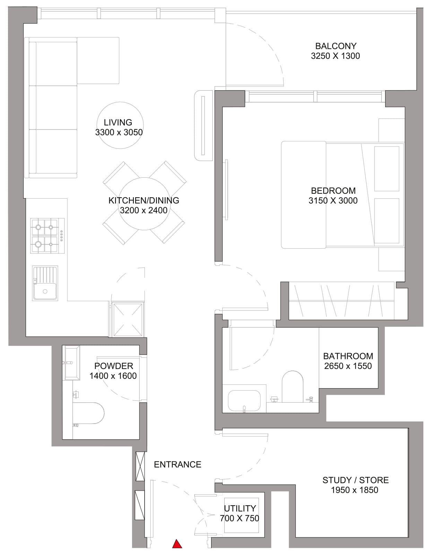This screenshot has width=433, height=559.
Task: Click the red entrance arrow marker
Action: point(177,544)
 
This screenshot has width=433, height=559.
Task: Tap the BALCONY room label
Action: point(336,46)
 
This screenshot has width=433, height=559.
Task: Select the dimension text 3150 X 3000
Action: point(333,200)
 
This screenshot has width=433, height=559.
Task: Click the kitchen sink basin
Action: point(45,291)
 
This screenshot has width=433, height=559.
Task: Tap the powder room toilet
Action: point(90,413)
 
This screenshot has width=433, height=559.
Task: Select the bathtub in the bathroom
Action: point(244,401)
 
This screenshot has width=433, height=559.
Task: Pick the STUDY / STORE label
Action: point(355,480)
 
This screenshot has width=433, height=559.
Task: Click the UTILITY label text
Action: point(240,508)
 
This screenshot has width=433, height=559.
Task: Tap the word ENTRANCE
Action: point(177,464)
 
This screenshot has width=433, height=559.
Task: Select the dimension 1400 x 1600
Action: point(113,376)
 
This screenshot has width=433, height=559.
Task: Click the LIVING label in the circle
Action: point(118,122)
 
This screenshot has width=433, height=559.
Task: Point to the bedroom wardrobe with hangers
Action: point(341,301)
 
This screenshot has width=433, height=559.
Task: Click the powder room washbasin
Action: point(71,362)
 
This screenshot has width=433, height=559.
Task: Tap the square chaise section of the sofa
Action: point(98,60)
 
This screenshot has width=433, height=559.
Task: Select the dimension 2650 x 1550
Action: point(348,366)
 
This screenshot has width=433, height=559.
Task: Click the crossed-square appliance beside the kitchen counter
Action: point(128,320)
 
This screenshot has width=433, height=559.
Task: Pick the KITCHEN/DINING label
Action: point(144,200)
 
